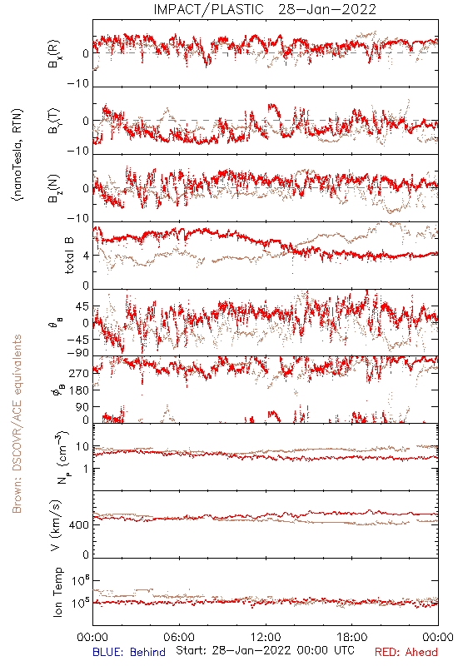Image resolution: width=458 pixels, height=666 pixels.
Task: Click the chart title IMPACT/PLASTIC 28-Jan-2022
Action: coord(265,9)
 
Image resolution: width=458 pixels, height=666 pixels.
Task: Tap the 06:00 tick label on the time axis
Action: coord(179,637)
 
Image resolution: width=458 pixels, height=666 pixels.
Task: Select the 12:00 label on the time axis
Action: coord(266,637)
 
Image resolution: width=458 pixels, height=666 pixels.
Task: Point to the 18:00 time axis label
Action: coord(352,637)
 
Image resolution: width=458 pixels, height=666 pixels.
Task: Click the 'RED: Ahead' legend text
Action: coord(406,653)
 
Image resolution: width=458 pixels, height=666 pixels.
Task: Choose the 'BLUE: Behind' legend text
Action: coord(129,653)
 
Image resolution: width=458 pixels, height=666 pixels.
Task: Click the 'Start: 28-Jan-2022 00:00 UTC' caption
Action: coord(265,650)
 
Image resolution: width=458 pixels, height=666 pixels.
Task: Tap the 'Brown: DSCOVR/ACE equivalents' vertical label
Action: coord(17,424)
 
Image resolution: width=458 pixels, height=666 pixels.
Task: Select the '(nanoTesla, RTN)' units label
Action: coord(17,155)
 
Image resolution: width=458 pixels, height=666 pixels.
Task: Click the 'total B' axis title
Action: coord(69,255)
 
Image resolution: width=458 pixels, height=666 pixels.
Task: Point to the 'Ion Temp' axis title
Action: coord(57,592)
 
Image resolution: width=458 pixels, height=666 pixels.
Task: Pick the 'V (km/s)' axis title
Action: coord(56,525)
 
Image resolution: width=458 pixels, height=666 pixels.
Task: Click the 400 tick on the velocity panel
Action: coord(80,525)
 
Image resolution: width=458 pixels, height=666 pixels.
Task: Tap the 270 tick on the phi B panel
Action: coord(79,373)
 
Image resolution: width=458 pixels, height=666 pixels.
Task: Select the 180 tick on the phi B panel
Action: coord(79,390)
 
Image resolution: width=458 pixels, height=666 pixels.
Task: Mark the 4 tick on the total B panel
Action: coord(87,256)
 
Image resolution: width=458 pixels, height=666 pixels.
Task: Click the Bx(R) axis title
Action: coord(54,54)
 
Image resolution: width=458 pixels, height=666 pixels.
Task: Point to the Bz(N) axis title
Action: coord(54,189)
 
